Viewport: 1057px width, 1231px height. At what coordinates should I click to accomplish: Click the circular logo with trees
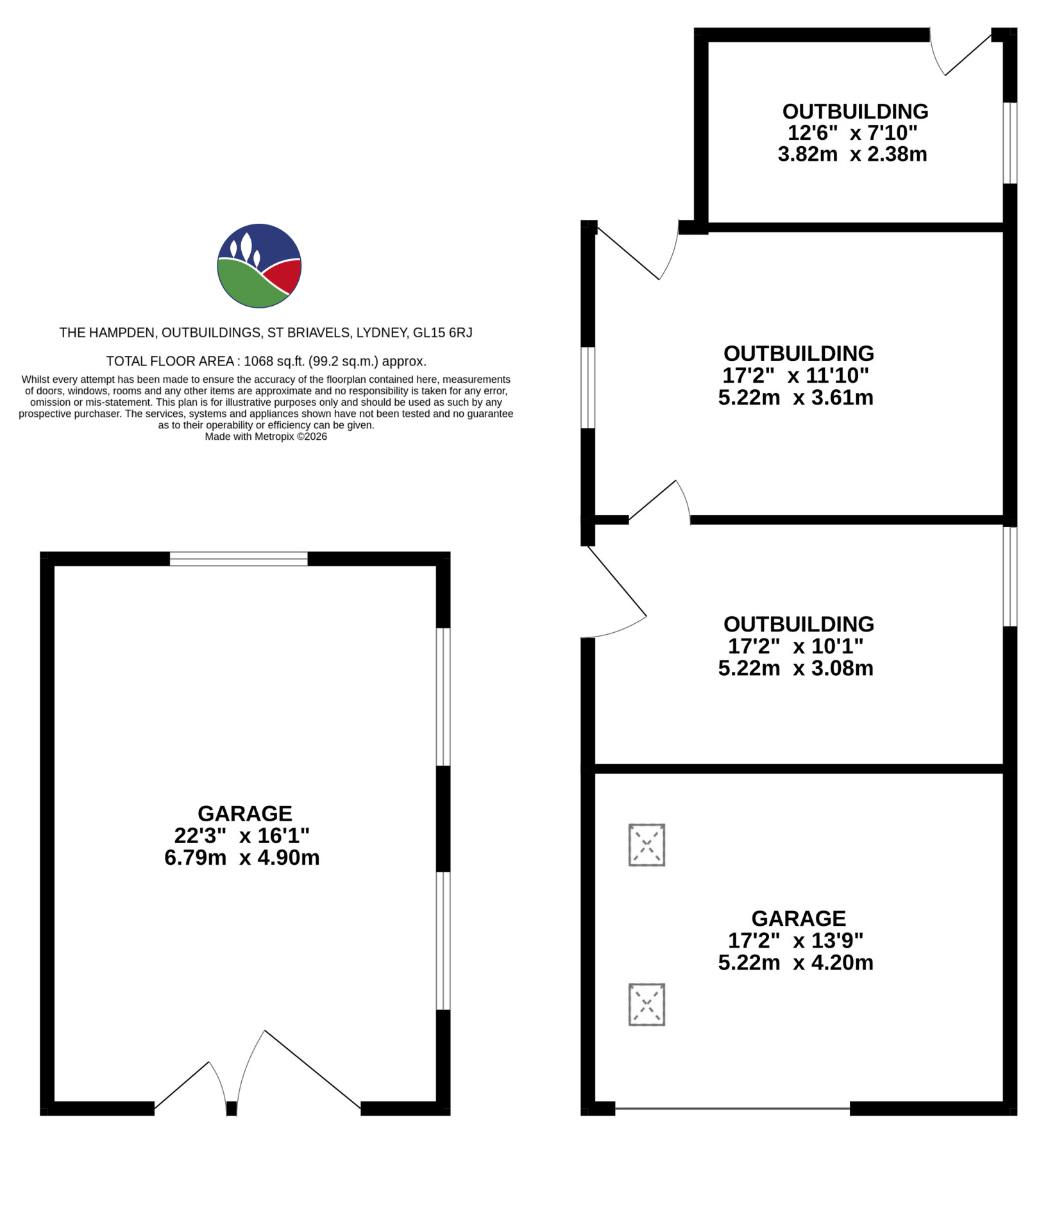259,265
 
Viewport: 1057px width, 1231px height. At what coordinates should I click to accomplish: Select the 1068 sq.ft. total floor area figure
274,361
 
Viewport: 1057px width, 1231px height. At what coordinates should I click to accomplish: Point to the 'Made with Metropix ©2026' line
266,437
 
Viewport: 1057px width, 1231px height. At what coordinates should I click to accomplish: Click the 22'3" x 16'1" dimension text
242,835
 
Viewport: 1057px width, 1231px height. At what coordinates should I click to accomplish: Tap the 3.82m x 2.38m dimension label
852,155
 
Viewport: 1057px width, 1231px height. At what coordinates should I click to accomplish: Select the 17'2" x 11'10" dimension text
795,375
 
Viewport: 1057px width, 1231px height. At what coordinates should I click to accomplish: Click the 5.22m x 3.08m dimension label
795,668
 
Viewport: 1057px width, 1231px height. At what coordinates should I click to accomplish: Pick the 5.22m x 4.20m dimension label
795,962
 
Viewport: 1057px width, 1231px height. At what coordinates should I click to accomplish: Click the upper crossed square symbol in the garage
647,845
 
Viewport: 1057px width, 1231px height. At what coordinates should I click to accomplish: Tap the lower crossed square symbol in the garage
647,1005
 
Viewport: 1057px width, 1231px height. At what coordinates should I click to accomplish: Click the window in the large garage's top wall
239,558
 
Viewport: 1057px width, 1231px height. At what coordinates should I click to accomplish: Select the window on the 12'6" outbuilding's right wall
1010,143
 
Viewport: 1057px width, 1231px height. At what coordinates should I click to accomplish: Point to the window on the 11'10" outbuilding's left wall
588,387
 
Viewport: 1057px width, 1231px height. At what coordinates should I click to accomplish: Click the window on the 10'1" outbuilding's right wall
1010,576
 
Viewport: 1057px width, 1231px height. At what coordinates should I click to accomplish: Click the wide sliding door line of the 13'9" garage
732,1109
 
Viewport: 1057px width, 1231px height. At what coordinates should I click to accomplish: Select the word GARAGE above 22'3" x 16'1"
245,814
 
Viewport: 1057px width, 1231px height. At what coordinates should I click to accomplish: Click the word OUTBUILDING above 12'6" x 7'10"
855,112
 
